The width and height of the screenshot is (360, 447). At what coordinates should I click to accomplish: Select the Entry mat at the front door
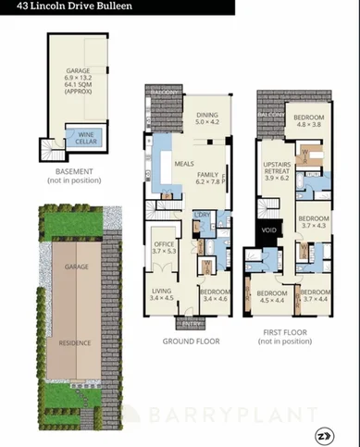[192, 323]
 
